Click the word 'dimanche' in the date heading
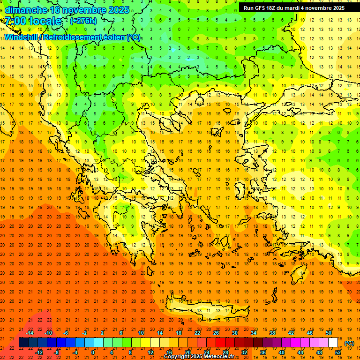pyautogui.click(x=26, y=10)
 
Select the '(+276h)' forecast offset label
pyautogui.click(x=84, y=21)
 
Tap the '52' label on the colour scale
pyautogui.click(x=338, y=352)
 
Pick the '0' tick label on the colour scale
pyautogui.click(x=93, y=352)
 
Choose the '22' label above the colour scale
pyautogui.click(x=197, y=333)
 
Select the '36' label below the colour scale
pyautogui.click(x=262, y=352)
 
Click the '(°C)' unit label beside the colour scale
pyautogui.click(x=349, y=343)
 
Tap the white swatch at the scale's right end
pyautogui.click(x=333, y=343)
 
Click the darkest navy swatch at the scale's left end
pyautogui.click(x=23, y=343)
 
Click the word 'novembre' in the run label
pyautogui.click(x=318, y=8)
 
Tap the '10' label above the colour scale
pyautogui.click(x=141, y=333)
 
